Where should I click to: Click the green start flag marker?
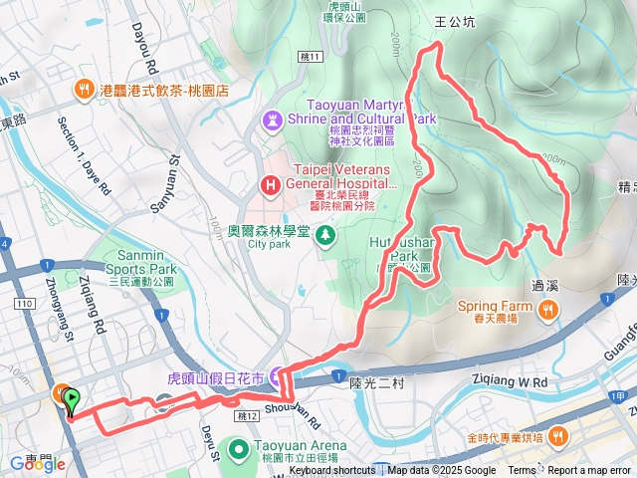tap(72, 400)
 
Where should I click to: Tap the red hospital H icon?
tap(269, 184)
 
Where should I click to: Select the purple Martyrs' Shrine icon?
tap(271, 119)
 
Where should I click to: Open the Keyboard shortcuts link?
tap(332, 471)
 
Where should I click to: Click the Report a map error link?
tap(589, 471)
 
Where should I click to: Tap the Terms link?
tap(522, 471)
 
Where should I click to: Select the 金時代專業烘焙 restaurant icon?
tap(559, 436)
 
